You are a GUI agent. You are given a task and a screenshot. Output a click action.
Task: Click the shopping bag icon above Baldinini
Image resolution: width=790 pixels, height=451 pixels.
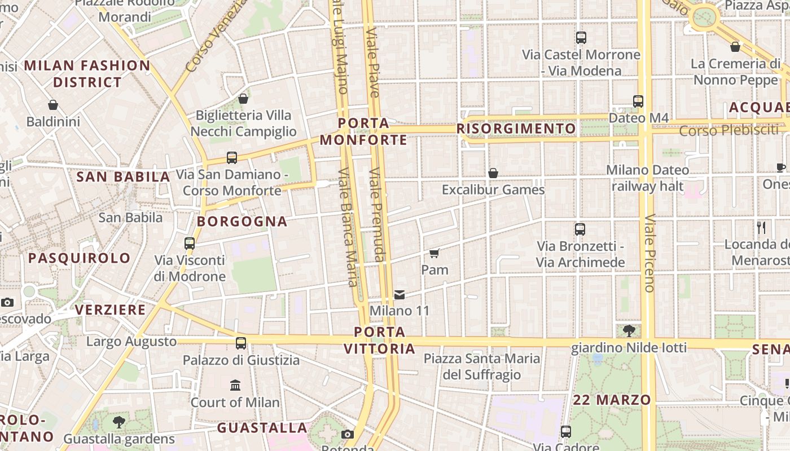53,105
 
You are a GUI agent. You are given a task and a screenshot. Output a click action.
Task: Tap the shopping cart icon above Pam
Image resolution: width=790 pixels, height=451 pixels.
434,253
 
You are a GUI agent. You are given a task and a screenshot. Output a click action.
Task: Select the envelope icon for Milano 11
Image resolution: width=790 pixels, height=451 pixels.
400,294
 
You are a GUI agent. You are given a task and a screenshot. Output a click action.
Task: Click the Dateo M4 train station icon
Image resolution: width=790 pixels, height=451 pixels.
638,101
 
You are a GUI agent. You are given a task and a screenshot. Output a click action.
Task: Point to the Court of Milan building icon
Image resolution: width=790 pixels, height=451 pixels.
235,386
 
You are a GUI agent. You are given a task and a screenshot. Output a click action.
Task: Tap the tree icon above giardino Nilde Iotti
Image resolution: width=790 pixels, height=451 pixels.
629,330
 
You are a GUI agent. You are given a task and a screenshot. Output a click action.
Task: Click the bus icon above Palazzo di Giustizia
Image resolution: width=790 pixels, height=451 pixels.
241,343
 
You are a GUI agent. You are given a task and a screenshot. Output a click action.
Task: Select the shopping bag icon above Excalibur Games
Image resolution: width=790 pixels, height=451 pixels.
493,173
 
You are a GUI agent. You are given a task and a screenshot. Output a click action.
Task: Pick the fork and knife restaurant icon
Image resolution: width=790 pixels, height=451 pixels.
762,228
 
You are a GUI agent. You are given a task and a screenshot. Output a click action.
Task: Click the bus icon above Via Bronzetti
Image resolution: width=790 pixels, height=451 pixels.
580,229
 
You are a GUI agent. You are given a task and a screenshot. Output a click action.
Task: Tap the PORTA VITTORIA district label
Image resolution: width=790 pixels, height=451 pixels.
380,340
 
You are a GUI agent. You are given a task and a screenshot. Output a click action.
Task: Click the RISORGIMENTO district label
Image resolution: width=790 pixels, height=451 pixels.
516,129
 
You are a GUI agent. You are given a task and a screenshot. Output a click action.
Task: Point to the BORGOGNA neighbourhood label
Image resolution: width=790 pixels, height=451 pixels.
242,222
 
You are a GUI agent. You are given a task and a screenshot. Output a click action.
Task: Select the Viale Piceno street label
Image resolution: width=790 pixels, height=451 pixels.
649,253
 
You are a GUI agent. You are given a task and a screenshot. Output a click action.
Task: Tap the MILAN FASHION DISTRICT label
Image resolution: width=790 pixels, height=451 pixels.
87,74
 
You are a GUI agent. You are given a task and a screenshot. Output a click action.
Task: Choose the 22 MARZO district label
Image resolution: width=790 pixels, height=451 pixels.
612,400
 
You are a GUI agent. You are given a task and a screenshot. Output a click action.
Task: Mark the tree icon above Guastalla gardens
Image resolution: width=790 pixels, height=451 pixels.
119,422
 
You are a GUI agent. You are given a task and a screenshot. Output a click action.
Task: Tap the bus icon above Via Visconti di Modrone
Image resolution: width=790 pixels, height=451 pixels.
190,244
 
